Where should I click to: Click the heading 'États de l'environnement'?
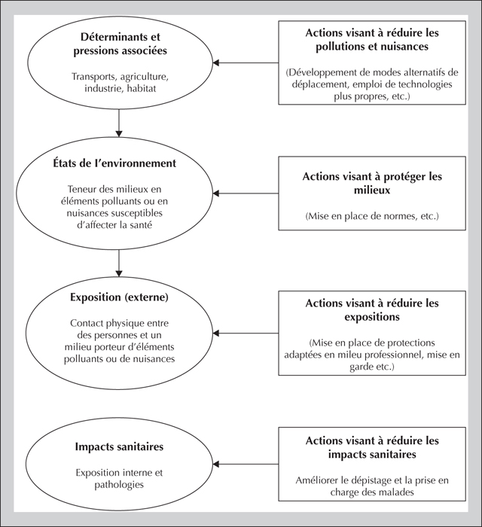114,163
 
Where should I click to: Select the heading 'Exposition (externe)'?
119,297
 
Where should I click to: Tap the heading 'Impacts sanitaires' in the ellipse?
119,446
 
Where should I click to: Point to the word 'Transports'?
94,77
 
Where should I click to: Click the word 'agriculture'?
144,77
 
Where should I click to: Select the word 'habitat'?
142,89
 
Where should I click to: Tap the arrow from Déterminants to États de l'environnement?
119,123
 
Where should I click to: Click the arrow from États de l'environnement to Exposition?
119,263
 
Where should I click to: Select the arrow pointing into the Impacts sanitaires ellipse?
246,465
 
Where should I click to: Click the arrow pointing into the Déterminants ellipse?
246,62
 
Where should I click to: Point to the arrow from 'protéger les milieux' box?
246,193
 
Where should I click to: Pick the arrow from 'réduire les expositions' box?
246,333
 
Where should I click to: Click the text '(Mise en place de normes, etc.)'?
372,216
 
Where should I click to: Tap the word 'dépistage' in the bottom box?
372,480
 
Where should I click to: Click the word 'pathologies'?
119,485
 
